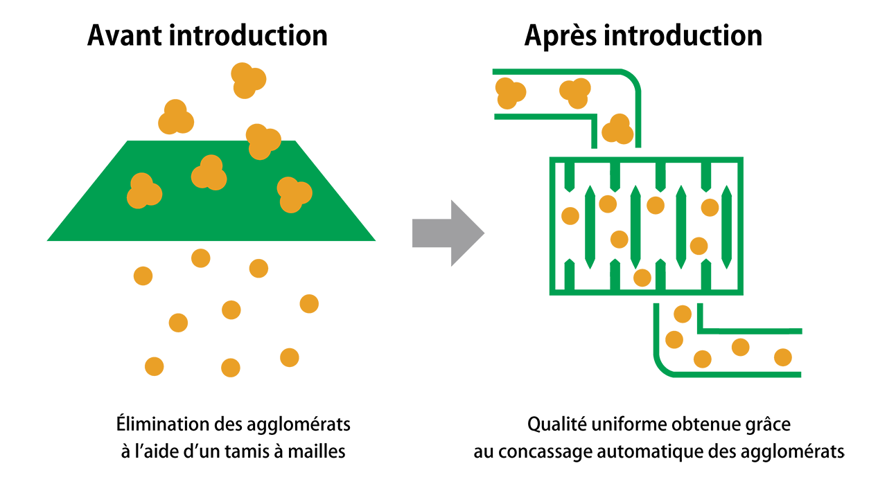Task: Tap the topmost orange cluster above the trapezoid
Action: pyautogui.click(x=247, y=80)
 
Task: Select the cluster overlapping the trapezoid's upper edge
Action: pyautogui.click(x=262, y=141)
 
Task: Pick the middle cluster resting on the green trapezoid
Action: pyautogui.click(x=209, y=173)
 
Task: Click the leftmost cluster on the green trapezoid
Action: pyautogui.click(x=143, y=191)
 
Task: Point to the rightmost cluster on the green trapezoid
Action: pyautogui.click(x=294, y=194)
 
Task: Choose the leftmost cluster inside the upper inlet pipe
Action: pyautogui.click(x=510, y=93)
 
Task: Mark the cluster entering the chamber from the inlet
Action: pyautogui.click(x=617, y=129)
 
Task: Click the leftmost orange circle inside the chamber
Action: pyautogui.click(x=570, y=216)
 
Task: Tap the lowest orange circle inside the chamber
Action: pyautogui.click(x=642, y=278)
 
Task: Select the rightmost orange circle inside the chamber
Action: pyautogui.click(x=710, y=207)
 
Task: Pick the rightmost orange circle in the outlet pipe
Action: pyautogui.click(x=783, y=357)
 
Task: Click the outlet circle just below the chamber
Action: pyautogui.click(x=683, y=314)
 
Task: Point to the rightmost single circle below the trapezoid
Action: pyautogui.click(x=309, y=303)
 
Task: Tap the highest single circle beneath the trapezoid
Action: pyautogui.click(x=200, y=258)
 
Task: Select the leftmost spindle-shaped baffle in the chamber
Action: pyautogui.click(x=590, y=227)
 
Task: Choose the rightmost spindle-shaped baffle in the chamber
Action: pyautogui.click(x=727, y=227)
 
